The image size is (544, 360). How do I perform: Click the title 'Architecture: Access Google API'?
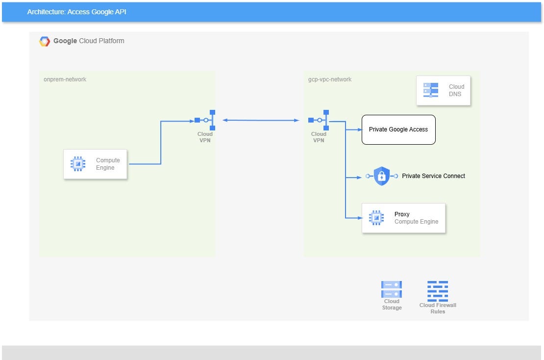click(x=77, y=12)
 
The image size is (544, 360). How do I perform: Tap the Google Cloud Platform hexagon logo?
click(x=45, y=42)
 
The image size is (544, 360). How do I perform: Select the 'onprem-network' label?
click(x=65, y=79)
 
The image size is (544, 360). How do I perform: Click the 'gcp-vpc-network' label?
click(x=330, y=79)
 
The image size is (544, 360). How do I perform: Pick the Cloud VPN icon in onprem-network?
click(x=205, y=120)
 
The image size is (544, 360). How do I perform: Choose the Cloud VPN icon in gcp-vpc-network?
click(x=319, y=120)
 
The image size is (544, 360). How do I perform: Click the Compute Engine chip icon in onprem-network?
click(x=77, y=164)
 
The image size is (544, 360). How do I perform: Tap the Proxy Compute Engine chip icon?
click(x=376, y=218)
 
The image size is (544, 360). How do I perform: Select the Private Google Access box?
click(x=398, y=129)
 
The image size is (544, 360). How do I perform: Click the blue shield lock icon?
click(x=381, y=176)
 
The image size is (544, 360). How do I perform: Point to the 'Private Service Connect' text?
click(x=433, y=176)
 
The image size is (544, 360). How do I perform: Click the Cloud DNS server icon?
click(x=431, y=90)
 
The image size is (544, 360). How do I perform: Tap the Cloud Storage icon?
click(x=392, y=289)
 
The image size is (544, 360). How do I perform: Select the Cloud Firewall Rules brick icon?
click(x=438, y=290)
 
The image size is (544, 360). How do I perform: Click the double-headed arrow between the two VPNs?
click(x=261, y=120)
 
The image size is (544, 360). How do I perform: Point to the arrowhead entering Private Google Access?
click(x=359, y=129)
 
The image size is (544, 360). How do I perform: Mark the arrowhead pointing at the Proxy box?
click(x=359, y=218)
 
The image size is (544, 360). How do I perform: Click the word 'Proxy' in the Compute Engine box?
click(x=402, y=214)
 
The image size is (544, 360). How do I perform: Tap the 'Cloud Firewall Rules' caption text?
click(x=438, y=308)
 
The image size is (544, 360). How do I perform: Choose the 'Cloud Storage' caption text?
click(x=392, y=305)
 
